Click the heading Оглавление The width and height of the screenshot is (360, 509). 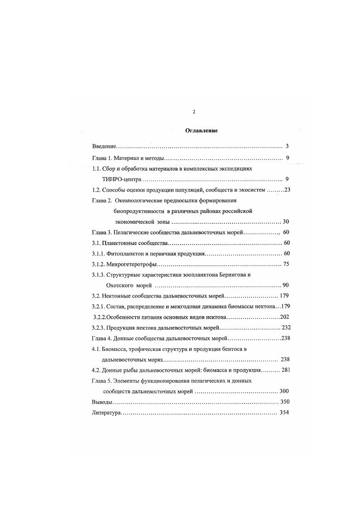(202, 130)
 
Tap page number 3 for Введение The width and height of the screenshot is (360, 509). (287, 147)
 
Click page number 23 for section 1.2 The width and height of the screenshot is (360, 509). (287, 190)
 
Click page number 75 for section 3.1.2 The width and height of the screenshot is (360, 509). (286, 264)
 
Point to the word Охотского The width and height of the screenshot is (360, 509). (121, 285)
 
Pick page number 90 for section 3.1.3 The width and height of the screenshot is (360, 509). (286, 285)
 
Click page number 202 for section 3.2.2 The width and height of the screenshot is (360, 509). (285, 317)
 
